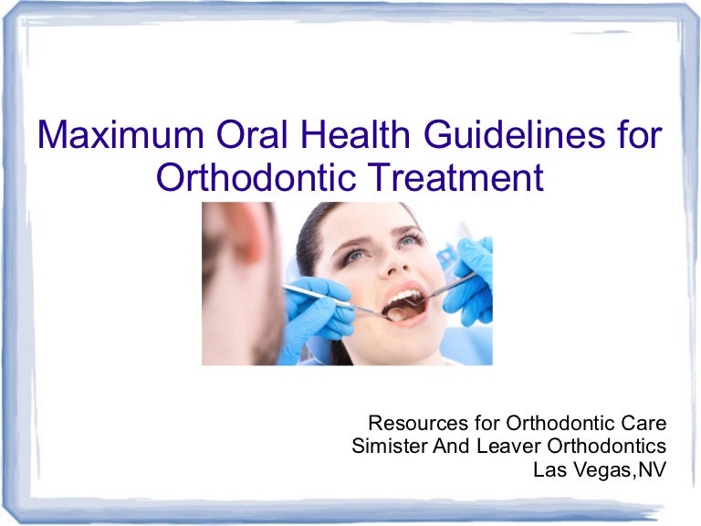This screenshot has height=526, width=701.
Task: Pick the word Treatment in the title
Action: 463,177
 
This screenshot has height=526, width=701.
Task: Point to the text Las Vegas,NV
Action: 599,469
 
